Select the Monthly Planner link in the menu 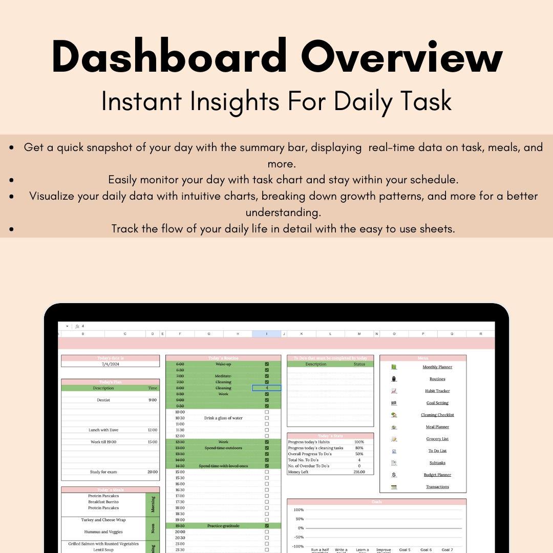[437, 367]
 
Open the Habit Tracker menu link [437, 391]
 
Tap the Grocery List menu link [437, 439]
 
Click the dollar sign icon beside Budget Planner [394, 475]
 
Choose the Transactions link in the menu [437, 487]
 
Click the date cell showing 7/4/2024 [110, 364]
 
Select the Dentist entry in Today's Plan [103, 400]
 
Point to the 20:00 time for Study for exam [153, 472]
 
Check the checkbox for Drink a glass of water [267, 418]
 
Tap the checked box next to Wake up [267, 364]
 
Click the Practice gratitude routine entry [223, 526]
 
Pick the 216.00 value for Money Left [359, 472]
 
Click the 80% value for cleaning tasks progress [359, 448]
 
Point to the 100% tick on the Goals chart [299, 510]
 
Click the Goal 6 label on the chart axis [426, 550]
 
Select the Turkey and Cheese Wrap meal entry [103, 520]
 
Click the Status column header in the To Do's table [359, 364]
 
